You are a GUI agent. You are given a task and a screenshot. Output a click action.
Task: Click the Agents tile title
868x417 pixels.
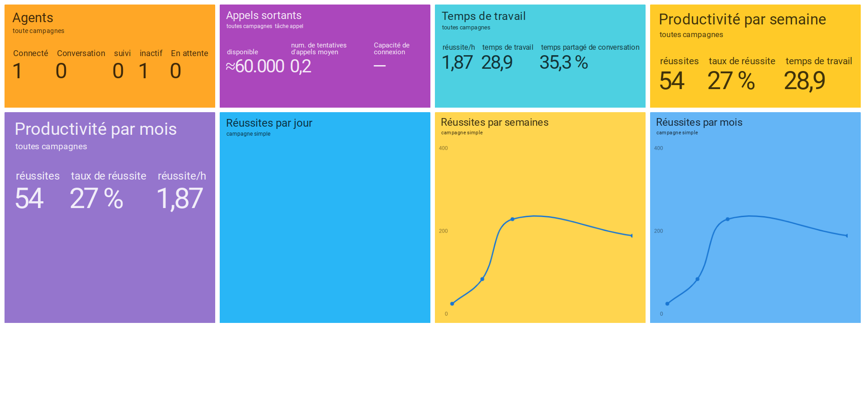coord(33,18)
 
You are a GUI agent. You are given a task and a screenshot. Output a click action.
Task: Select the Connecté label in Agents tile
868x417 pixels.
coord(30,53)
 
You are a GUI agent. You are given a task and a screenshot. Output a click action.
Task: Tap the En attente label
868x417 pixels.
coord(189,53)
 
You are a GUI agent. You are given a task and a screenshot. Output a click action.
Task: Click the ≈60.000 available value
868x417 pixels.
coord(255,66)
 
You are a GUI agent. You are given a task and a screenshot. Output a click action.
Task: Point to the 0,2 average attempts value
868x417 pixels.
coord(301,66)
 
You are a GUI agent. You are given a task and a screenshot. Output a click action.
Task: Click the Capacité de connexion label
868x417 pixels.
coord(392,49)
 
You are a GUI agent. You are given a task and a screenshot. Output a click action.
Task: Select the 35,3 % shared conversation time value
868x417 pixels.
coord(563,62)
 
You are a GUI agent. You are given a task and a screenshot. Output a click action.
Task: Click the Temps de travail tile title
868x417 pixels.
coord(483,16)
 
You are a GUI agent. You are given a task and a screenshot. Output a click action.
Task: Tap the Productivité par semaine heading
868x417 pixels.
coord(742,19)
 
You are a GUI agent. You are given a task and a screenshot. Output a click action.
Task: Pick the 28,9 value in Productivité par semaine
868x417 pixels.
coord(804,81)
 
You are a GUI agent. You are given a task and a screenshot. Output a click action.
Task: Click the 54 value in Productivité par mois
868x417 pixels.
coord(29,199)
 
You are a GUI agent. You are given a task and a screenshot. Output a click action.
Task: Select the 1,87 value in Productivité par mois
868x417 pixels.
coord(179,199)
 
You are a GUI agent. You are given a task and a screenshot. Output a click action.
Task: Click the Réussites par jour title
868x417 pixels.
coord(269,123)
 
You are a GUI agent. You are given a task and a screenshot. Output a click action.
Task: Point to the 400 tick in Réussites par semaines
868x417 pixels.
coord(443,148)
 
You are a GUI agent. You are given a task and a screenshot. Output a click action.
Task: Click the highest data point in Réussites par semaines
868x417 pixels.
coord(512,219)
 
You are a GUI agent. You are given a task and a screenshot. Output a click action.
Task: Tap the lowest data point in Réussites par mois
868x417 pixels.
coord(667,303)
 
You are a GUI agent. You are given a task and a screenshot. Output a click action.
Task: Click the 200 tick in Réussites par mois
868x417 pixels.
coord(658,231)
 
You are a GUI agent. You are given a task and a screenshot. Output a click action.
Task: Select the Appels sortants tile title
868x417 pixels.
coord(264,15)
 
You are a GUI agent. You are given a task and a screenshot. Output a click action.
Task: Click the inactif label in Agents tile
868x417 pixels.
coord(151,53)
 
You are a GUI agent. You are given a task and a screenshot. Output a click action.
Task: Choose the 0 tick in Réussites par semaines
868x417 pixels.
coord(446,314)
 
